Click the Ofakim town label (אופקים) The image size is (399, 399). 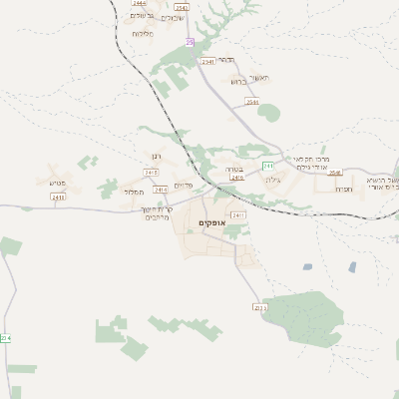pos(209,221)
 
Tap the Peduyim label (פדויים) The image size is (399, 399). pos(183,186)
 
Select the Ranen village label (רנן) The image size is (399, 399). pos(154,159)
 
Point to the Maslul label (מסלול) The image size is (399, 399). pos(135,192)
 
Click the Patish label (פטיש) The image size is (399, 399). pos(56,182)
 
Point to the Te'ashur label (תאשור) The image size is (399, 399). pos(261,77)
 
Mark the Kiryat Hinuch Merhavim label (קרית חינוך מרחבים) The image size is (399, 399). pos(159,212)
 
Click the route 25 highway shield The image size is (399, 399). pos(190,42)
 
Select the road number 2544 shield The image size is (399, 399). pos(252,102)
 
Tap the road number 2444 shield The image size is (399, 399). pos(137,3)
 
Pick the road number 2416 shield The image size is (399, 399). pos(161,189)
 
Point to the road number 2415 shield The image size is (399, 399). pos(151,173)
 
